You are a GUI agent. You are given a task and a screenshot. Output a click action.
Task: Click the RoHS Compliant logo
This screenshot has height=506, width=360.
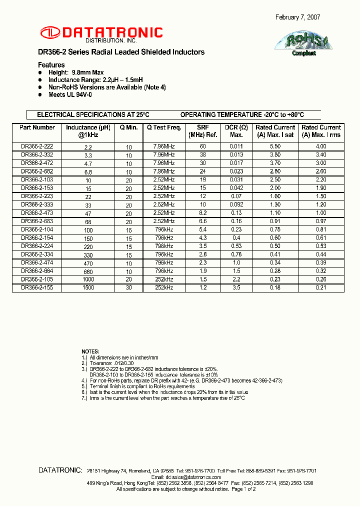click(x=303, y=43)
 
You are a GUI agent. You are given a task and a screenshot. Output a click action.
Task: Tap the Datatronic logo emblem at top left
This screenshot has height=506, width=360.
click(x=49, y=33)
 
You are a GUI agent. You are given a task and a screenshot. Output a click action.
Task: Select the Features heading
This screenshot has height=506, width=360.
click(x=51, y=65)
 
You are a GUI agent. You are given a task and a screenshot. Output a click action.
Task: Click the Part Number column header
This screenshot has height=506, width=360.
click(x=37, y=127)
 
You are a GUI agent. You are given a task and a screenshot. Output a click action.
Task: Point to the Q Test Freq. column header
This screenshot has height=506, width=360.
click(x=163, y=127)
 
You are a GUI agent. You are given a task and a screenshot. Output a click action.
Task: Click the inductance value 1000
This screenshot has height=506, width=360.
click(x=88, y=280)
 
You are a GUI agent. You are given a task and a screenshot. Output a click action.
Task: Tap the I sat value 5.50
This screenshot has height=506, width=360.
click(x=275, y=146)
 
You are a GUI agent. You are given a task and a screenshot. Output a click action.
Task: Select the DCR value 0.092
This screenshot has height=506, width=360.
click(x=236, y=204)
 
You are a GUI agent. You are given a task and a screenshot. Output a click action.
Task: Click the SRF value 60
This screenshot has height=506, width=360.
click(x=203, y=146)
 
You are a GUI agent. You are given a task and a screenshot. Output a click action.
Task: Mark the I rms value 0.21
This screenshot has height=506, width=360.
click(x=321, y=287)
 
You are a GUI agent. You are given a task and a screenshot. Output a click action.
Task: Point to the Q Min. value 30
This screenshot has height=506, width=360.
click(x=128, y=288)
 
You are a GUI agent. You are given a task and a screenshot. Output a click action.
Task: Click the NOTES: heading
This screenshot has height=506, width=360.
click(x=90, y=351)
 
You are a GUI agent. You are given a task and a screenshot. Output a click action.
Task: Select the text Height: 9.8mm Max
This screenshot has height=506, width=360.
click(x=76, y=72)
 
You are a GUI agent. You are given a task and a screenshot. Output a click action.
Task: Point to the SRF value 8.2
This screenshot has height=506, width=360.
click(x=203, y=212)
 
